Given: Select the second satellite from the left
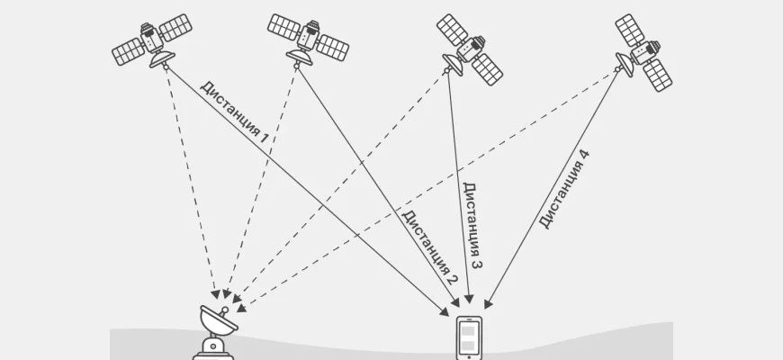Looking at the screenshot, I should (308, 38).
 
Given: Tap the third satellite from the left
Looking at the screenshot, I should (469, 48).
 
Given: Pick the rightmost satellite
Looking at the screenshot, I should (643, 50).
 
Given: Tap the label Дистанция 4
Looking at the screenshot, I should (564, 190).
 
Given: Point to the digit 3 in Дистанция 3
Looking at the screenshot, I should (475, 264).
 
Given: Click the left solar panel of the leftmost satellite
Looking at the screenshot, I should (129, 50).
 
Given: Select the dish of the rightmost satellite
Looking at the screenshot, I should (623, 63).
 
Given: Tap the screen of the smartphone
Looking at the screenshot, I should (471, 337).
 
